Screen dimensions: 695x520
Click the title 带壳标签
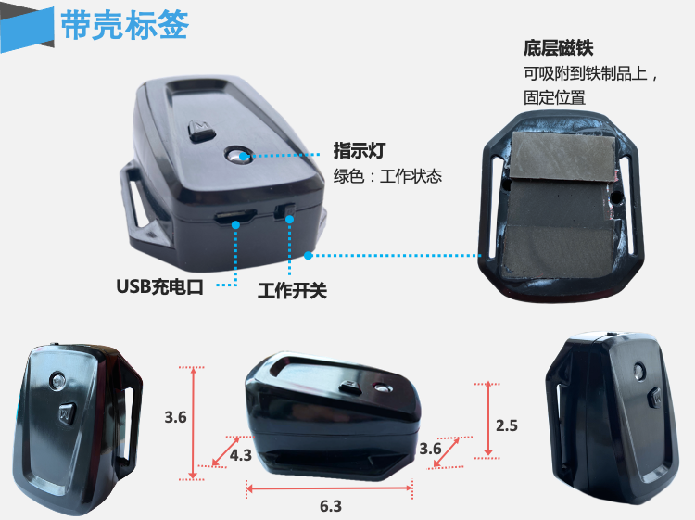click(x=125, y=25)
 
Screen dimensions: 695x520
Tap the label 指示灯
click(x=359, y=150)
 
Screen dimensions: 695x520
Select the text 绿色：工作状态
click(x=387, y=176)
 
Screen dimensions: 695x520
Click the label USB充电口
click(x=159, y=286)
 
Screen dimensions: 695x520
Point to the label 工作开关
click(x=292, y=291)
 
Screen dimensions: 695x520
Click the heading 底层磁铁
click(x=558, y=48)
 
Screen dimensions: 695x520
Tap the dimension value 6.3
click(x=331, y=506)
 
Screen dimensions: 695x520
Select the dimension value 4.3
click(x=241, y=455)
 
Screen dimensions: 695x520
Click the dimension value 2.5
click(x=507, y=425)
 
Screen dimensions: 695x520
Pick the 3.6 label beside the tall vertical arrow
click(x=175, y=417)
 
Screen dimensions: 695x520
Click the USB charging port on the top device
click(x=235, y=217)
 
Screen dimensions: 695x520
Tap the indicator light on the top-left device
click(x=237, y=155)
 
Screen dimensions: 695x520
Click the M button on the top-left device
click(x=201, y=131)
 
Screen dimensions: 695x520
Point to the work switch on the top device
click(x=284, y=211)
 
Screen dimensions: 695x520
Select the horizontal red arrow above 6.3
click(x=329, y=488)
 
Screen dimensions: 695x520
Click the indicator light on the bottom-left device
click(x=57, y=380)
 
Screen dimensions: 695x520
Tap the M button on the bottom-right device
click(x=654, y=397)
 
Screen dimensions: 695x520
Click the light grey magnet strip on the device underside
click(x=562, y=156)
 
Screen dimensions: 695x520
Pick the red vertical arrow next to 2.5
click(x=488, y=419)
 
